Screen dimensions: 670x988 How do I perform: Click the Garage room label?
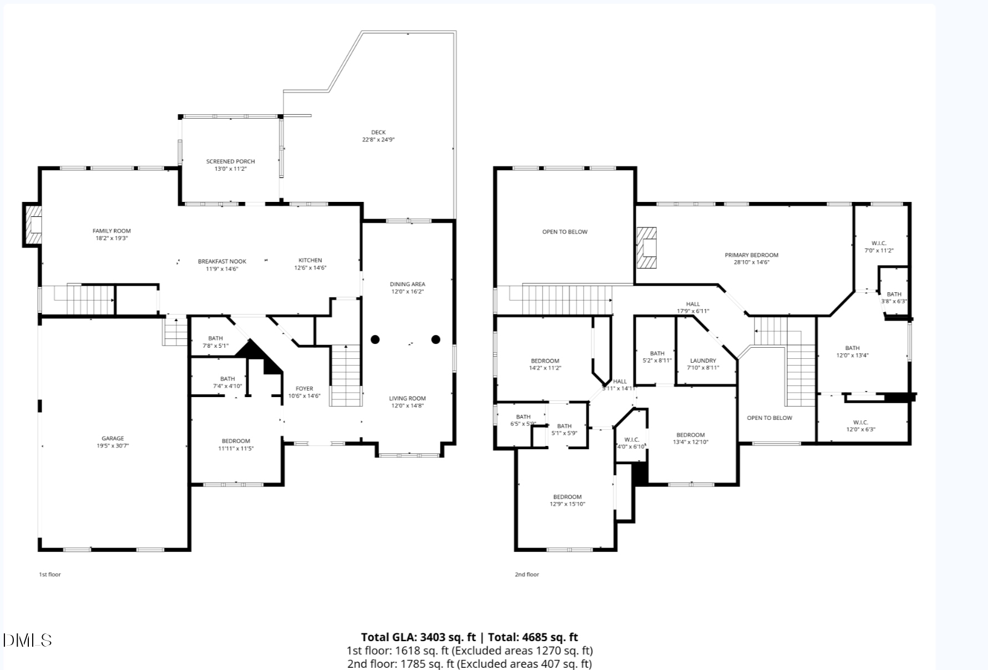(113, 438)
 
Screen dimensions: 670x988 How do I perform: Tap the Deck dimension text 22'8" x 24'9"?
(378, 140)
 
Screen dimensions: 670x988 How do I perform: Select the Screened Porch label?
(230, 161)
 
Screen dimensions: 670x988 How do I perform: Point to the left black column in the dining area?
(376, 339)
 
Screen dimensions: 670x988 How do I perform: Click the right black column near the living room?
(435, 339)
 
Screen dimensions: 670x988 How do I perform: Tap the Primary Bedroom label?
(751, 255)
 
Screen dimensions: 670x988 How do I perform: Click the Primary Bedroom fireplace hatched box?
(647, 248)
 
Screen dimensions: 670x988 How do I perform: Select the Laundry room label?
(703, 361)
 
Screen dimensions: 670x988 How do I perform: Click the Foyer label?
(304, 389)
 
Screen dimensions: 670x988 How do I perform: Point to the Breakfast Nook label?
(222, 261)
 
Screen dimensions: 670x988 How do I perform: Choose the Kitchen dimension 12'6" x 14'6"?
(310, 268)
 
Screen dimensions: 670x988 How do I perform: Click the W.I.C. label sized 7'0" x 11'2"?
(879, 243)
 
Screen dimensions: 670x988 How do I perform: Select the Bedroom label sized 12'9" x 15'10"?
(567, 497)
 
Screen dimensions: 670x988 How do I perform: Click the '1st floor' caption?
(49, 574)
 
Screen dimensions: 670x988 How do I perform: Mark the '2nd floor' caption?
(526, 574)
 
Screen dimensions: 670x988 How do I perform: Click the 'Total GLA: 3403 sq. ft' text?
(418, 637)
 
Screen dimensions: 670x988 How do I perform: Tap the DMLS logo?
(27, 640)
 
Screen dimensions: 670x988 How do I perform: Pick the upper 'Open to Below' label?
(565, 232)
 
